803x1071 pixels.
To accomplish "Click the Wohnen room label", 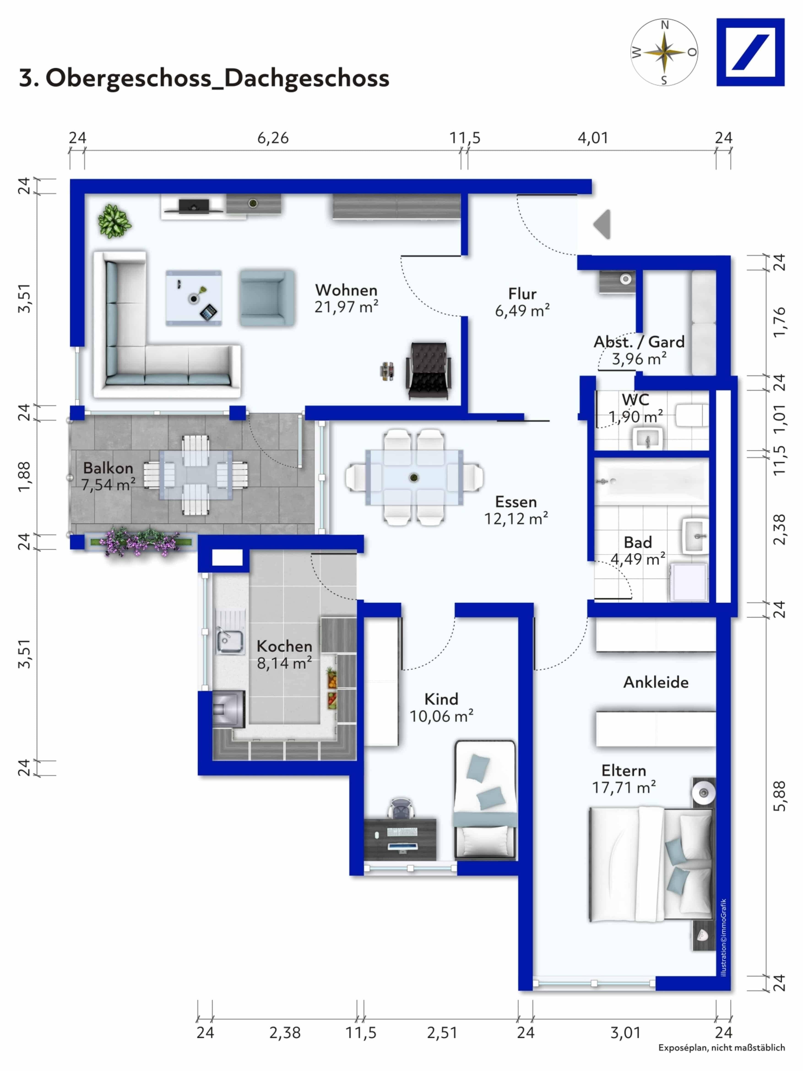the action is pyautogui.click(x=346, y=290).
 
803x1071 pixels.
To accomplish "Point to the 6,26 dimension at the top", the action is pyautogui.click(x=273, y=138).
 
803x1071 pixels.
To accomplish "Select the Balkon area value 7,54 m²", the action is pyautogui.click(x=109, y=485).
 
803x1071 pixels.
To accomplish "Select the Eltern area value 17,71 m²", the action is pyautogui.click(x=624, y=788).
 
